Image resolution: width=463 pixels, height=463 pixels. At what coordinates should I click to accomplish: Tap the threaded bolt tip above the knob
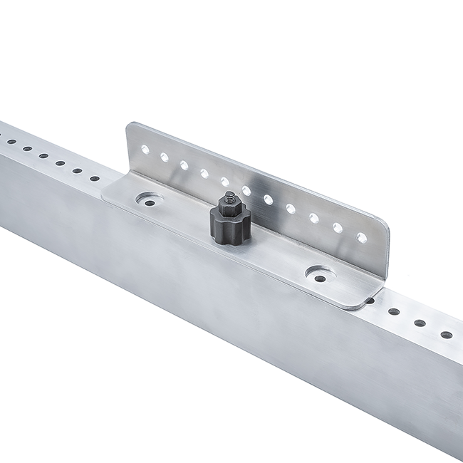click(x=230, y=195)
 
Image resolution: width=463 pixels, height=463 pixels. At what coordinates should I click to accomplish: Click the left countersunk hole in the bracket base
click(x=150, y=202)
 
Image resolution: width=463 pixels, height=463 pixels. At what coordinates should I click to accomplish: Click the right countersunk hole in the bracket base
click(x=320, y=274)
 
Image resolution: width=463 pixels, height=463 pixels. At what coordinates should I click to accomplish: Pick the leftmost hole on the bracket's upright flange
click(x=145, y=150)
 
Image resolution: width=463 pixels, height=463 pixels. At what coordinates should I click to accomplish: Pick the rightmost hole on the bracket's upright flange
click(x=362, y=237)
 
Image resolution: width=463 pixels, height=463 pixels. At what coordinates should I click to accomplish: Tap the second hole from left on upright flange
click(x=165, y=157)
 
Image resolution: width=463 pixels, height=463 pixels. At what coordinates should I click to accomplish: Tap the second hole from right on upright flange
click(x=338, y=228)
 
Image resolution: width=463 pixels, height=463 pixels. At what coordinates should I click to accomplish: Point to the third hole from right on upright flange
click(x=314, y=218)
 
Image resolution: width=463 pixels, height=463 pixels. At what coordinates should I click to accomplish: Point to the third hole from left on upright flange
click(x=184, y=165)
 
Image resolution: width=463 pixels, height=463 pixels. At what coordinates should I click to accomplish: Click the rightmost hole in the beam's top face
click(x=447, y=334)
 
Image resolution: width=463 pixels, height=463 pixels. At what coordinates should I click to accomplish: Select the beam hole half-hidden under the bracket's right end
click(x=370, y=301)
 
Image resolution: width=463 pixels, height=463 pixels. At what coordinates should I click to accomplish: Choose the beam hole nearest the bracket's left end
click(x=95, y=178)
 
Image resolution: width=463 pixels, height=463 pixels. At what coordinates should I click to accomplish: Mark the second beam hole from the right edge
click(x=420, y=323)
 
